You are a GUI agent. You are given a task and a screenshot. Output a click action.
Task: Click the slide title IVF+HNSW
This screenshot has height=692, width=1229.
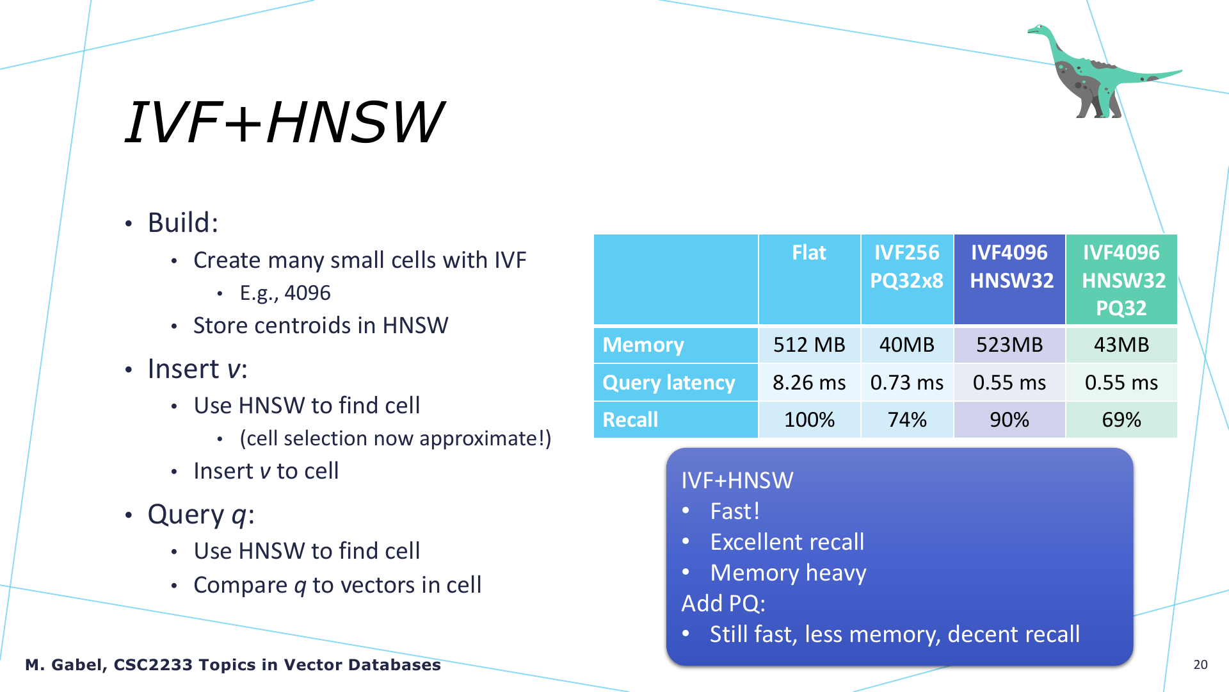click(x=284, y=122)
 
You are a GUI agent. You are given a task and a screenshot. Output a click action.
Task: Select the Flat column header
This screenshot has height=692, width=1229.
click(x=809, y=252)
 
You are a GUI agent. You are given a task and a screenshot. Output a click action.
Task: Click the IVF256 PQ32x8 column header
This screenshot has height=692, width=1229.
click(x=906, y=267)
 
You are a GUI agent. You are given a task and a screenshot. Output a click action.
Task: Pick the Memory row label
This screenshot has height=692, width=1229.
click(x=643, y=345)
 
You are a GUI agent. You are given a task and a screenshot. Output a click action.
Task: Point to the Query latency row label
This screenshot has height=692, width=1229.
click(x=669, y=383)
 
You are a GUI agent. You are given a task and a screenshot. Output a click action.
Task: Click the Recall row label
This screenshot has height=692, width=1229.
click(x=630, y=420)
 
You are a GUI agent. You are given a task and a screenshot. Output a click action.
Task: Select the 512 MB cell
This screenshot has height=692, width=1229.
click(x=809, y=345)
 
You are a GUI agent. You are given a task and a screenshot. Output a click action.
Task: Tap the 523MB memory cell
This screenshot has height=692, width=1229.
click(x=1009, y=345)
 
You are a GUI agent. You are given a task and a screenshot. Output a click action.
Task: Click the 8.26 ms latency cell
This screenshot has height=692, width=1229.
click(x=809, y=383)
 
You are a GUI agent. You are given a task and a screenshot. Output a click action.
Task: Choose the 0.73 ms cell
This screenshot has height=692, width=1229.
click(x=906, y=383)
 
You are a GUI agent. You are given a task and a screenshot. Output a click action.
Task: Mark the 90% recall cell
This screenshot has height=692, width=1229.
click(x=1009, y=420)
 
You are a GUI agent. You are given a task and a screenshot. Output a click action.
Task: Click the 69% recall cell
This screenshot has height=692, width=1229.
click(x=1121, y=420)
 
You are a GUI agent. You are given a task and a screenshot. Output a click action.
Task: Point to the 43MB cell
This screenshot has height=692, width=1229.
click(x=1121, y=345)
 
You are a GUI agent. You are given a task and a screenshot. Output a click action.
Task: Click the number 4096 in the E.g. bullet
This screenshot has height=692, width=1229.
click(x=307, y=293)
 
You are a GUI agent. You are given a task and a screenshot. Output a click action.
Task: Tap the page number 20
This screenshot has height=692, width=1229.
click(x=1200, y=664)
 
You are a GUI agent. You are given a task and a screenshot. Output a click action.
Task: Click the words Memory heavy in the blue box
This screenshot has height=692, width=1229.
click(x=788, y=572)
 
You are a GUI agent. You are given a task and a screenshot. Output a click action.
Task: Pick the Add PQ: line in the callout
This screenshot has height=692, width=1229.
click(x=723, y=603)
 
